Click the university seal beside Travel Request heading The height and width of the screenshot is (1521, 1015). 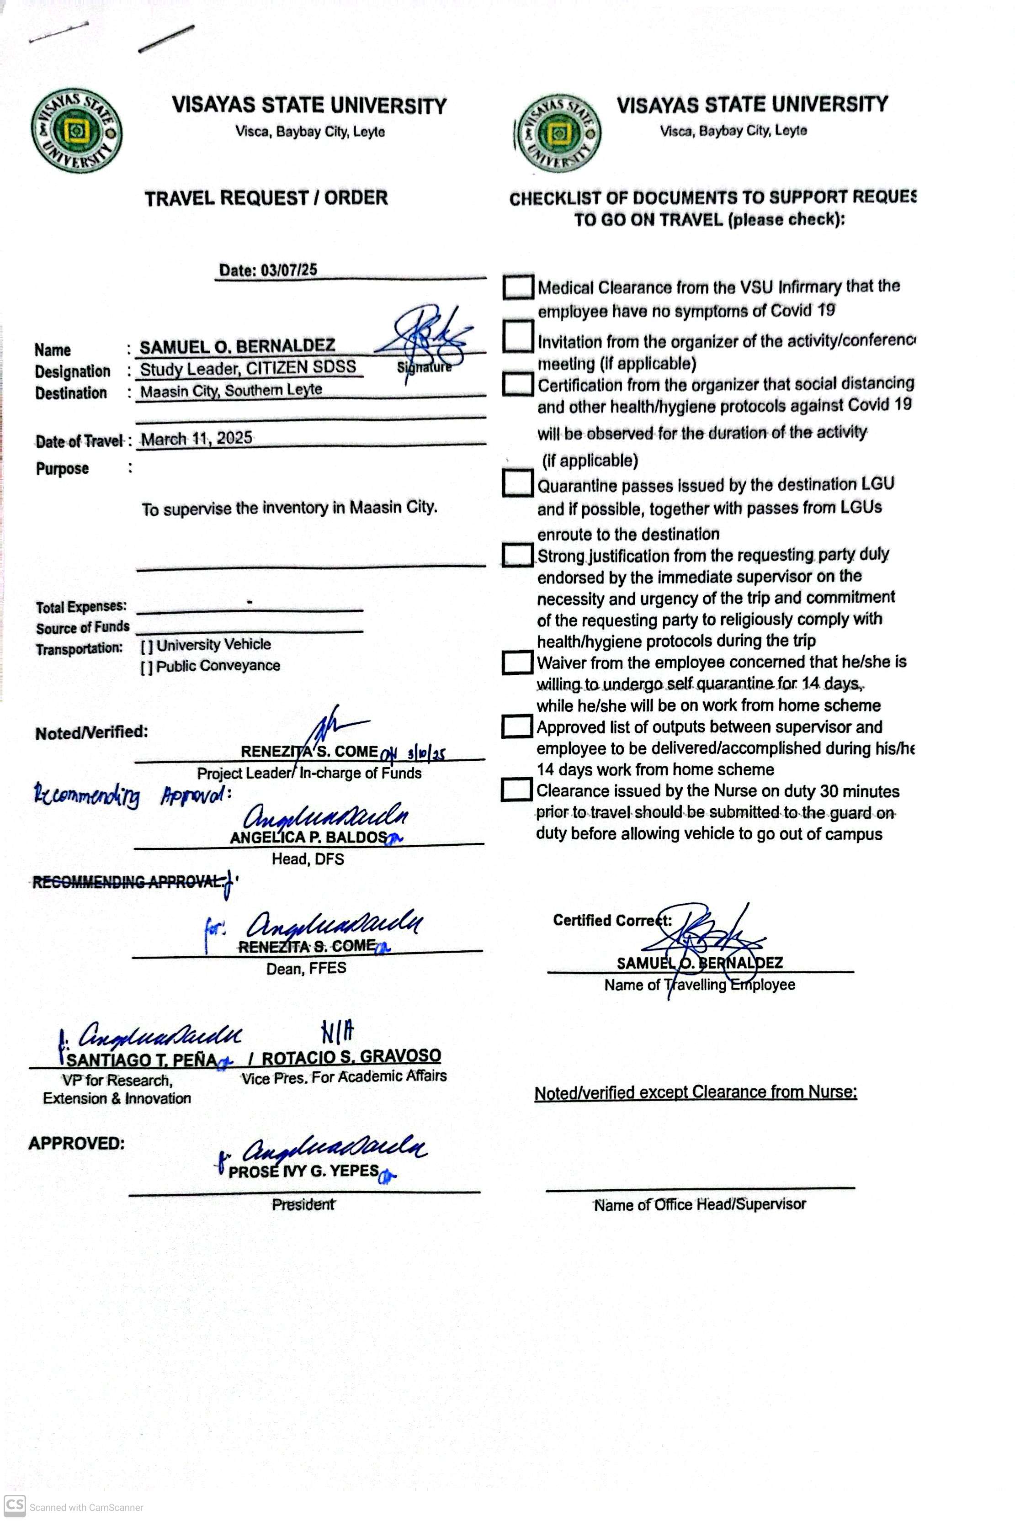[76, 132]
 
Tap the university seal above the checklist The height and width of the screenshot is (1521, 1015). [558, 134]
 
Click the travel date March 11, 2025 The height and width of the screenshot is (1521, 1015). [197, 439]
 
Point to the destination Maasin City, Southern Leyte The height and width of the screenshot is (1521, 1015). [231, 390]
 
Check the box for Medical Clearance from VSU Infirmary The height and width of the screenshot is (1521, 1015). [518, 287]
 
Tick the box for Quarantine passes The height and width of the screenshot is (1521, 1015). [517, 483]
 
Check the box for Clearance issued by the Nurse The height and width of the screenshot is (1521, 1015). [516, 790]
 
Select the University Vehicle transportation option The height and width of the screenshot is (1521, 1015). [147, 645]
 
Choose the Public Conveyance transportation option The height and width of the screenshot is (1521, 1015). [147, 667]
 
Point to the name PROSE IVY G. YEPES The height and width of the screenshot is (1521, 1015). [303, 1171]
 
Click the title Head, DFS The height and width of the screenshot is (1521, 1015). [308, 859]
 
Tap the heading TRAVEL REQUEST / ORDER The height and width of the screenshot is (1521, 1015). [266, 198]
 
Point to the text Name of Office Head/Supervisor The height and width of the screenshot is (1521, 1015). [700, 1204]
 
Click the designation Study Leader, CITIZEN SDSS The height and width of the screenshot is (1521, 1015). [248, 368]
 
